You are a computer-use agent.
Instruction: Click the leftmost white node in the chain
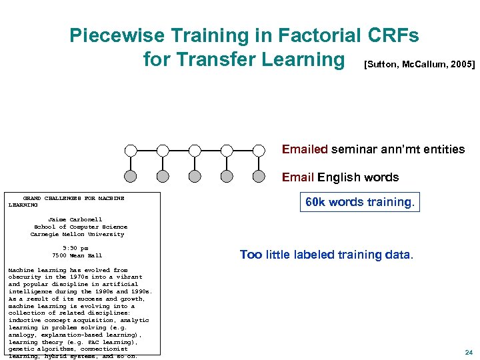pyautogui.click(x=131, y=150)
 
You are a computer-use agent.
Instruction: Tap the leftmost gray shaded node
pyautogui.click(x=131, y=177)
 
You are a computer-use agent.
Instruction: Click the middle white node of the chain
pyautogui.click(x=195, y=150)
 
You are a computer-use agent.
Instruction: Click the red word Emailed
pyautogui.click(x=305, y=149)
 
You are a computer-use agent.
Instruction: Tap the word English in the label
pyautogui.click(x=339, y=177)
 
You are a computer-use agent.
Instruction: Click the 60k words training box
pyautogui.click(x=359, y=202)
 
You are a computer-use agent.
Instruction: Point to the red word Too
pyautogui.click(x=251, y=255)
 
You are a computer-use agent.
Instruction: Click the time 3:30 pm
pyautogui.click(x=75, y=248)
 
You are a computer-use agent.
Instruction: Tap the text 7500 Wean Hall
pyautogui.click(x=77, y=255)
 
